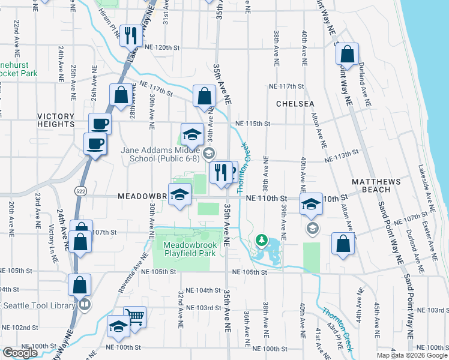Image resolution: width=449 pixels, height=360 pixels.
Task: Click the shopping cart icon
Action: [134, 316]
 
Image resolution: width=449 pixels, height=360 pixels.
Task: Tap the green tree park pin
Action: [261, 241]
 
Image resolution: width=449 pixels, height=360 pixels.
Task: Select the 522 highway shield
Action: [80, 190]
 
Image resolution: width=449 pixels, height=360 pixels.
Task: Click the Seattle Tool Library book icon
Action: [85, 305]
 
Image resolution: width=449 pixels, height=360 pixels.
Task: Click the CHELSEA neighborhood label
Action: [295, 104]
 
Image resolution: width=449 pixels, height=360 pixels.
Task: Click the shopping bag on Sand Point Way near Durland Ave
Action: [347, 53]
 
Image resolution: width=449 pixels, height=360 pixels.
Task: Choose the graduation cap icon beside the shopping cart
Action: [118, 326]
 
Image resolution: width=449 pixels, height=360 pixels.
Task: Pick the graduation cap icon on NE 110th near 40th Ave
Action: [312, 205]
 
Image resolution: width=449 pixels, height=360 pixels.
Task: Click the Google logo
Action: [20, 353]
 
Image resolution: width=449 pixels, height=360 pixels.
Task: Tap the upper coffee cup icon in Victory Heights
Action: [100, 124]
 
